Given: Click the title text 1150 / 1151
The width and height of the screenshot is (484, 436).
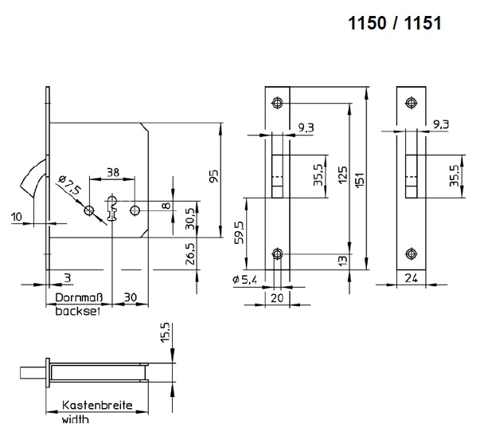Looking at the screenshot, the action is [395, 23].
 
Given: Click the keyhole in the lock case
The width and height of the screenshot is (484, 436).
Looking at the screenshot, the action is [112, 209].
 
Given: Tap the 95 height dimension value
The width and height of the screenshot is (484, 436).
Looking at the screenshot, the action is [213, 176].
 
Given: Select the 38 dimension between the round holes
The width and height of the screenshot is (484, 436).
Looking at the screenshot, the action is [113, 172].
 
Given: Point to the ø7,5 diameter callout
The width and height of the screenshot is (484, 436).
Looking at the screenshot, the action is [69, 185].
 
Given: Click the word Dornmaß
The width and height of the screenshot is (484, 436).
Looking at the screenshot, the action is [79, 297].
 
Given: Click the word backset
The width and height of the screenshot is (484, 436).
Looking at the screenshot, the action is [78, 311].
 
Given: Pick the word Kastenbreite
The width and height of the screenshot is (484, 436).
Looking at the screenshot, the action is [97, 405].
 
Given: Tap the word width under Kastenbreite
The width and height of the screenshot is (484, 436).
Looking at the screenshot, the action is [76, 419].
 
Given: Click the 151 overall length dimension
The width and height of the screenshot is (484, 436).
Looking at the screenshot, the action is [360, 179].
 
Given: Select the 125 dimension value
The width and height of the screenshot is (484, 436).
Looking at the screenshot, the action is [342, 175].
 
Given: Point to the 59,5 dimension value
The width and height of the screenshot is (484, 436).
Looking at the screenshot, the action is [240, 233].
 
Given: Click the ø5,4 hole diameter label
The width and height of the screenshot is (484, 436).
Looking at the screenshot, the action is [244, 280].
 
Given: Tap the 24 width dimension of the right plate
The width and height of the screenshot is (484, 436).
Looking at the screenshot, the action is [411, 278].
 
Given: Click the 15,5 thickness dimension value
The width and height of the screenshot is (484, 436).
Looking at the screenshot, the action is [166, 332].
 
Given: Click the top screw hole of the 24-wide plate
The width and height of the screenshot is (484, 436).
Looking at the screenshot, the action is [411, 103].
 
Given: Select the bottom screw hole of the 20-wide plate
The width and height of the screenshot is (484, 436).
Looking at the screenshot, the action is [278, 254].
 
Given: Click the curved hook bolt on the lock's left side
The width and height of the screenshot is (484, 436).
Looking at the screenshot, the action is [33, 178].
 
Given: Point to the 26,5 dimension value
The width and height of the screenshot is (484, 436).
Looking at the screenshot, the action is [191, 253].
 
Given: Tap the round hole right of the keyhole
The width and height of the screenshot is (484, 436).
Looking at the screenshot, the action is [135, 210].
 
